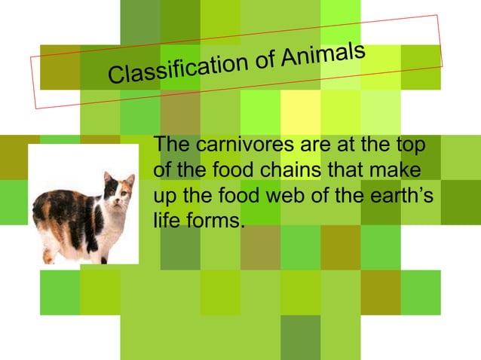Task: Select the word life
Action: [x=166, y=221]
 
